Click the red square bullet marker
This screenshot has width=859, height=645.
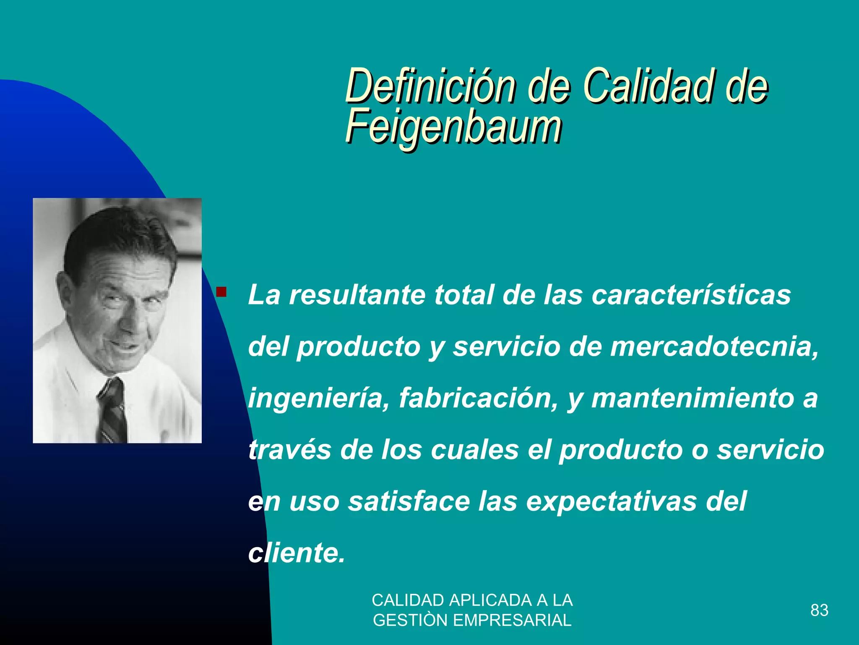(x=221, y=291)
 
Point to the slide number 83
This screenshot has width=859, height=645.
(x=819, y=610)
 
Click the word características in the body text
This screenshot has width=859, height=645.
(x=691, y=295)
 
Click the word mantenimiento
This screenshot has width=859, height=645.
(x=692, y=398)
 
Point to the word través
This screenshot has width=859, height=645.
(x=290, y=450)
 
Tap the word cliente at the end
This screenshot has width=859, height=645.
(x=297, y=553)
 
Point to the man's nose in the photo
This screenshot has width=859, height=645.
(x=131, y=319)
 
